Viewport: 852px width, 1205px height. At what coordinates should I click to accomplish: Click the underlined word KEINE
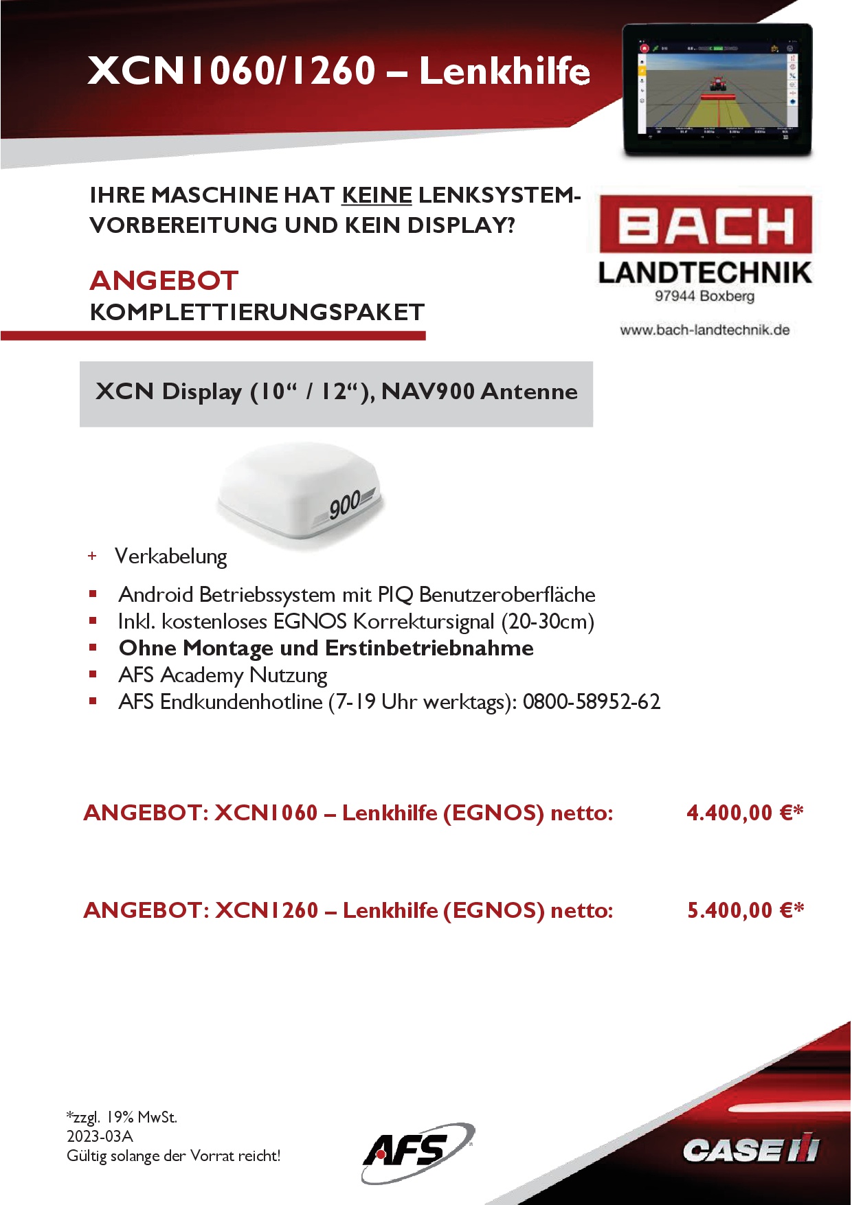[x=377, y=195]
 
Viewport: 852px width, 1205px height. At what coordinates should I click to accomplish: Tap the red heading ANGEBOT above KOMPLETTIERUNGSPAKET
[x=164, y=280]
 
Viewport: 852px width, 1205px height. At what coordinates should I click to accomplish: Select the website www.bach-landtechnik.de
[x=704, y=330]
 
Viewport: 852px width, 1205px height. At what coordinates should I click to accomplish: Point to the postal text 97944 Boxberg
[x=704, y=296]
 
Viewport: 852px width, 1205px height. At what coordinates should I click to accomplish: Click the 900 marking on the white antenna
[x=344, y=506]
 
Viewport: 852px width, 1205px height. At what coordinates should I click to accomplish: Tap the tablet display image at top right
[x=717, y=89]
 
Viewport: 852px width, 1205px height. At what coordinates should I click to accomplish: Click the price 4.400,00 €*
[x=745, y=813]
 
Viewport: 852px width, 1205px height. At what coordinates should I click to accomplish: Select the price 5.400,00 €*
[x=745, y=910]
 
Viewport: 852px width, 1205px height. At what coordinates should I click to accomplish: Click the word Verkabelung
[x=170, y=556]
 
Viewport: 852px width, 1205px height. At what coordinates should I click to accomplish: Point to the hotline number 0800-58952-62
[x=591, y=701]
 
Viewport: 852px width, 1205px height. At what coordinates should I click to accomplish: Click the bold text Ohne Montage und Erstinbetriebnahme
[x=326, y=648]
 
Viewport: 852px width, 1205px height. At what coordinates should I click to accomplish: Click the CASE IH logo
[x=751, y=1149]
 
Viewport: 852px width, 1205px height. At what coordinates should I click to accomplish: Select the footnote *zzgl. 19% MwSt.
[x=122, y=1117]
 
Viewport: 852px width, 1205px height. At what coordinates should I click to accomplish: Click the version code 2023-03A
[x=100, y=1136]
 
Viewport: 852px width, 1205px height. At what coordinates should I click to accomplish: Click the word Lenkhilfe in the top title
[x=504, y=71]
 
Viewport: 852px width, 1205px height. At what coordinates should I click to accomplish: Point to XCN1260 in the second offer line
[x=267, y=910]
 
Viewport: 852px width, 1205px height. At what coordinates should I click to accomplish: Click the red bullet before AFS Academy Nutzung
[x=93, y=675]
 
